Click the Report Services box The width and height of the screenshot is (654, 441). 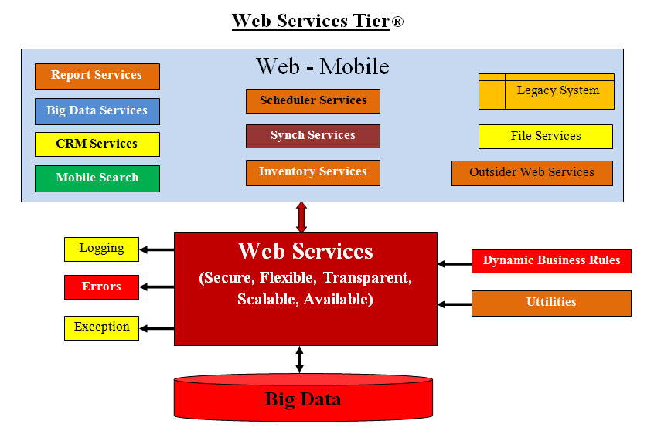click(97, 76)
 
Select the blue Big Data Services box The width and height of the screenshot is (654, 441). click(97, 111)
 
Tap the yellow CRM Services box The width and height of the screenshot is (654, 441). click(97, 144)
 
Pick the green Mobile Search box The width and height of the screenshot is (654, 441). click(97, 178)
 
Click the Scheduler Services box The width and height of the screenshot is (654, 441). click(313, 100)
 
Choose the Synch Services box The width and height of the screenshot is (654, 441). click(313, 136)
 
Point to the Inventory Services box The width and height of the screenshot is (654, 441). click(313, 172)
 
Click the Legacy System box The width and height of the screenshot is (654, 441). click(547, 92)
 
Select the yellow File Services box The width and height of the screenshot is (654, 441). click(546, 137)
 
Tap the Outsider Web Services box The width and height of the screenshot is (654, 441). click(532, 173)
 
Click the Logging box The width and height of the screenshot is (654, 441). click(101, 249)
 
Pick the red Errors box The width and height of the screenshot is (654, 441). click(101, 287)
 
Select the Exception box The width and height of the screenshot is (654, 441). click(101, 327)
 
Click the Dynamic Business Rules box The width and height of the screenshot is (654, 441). click(551, 261)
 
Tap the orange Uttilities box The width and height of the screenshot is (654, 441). click(551, 303)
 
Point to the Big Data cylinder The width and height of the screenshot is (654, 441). click(303, 399)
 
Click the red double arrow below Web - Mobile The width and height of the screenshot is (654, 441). click(301, 217)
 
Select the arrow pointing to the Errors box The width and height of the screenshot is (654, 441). click(158, 287)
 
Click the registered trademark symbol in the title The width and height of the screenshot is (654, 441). click(397, 22)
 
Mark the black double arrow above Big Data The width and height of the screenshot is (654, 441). click(300, 360)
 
